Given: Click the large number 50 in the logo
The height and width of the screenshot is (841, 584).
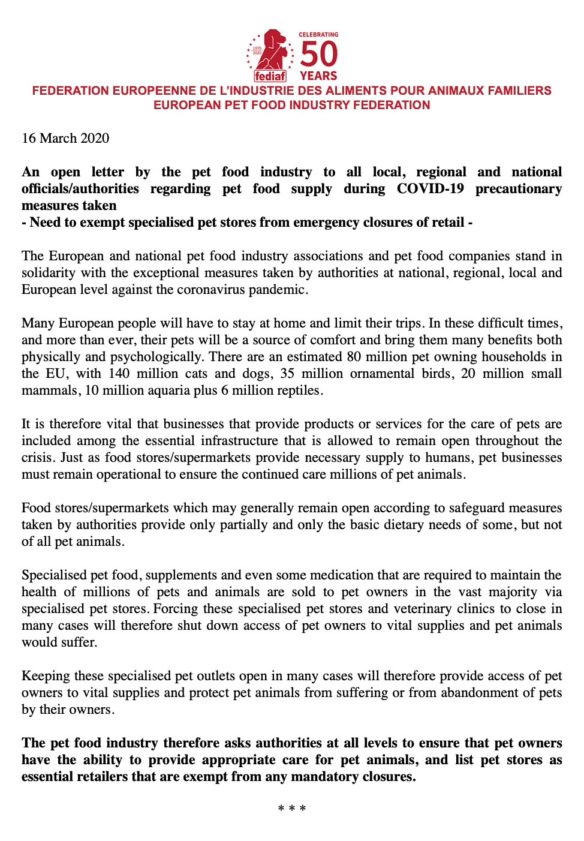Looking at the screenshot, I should (318, 54).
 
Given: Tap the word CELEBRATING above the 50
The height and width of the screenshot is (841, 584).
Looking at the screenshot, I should (318, 35).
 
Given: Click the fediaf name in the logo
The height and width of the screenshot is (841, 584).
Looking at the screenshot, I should (270, 76).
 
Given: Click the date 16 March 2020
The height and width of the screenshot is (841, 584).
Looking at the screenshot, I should (65, 138).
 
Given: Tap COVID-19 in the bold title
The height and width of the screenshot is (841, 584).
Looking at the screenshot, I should (430, 188).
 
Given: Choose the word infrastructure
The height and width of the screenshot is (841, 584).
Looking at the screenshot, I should (239, 440).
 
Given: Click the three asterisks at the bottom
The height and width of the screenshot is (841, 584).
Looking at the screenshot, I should (292, 809).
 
